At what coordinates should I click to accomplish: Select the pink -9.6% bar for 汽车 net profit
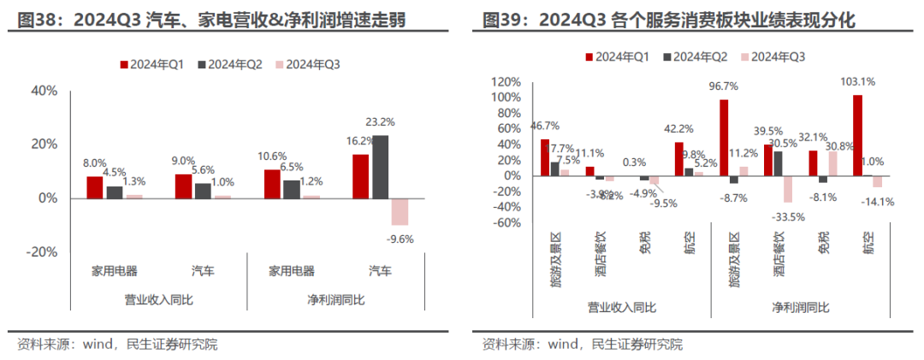click(x=400, y=211)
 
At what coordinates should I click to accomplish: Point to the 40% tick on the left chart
click(x=44, y=91)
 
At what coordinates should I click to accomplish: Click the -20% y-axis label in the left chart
click(x=42, y=252)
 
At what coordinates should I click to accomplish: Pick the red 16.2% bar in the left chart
click(x=360, y=175)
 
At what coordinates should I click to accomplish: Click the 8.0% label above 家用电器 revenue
click(x=94, y=163)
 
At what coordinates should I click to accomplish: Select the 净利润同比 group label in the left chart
click(x=335, y=300)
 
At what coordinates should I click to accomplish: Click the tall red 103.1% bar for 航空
click(x=858, y=135)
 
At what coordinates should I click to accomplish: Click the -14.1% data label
click(x=878, y=202)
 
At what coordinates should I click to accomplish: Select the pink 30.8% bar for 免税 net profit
click(x=833, y=163)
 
